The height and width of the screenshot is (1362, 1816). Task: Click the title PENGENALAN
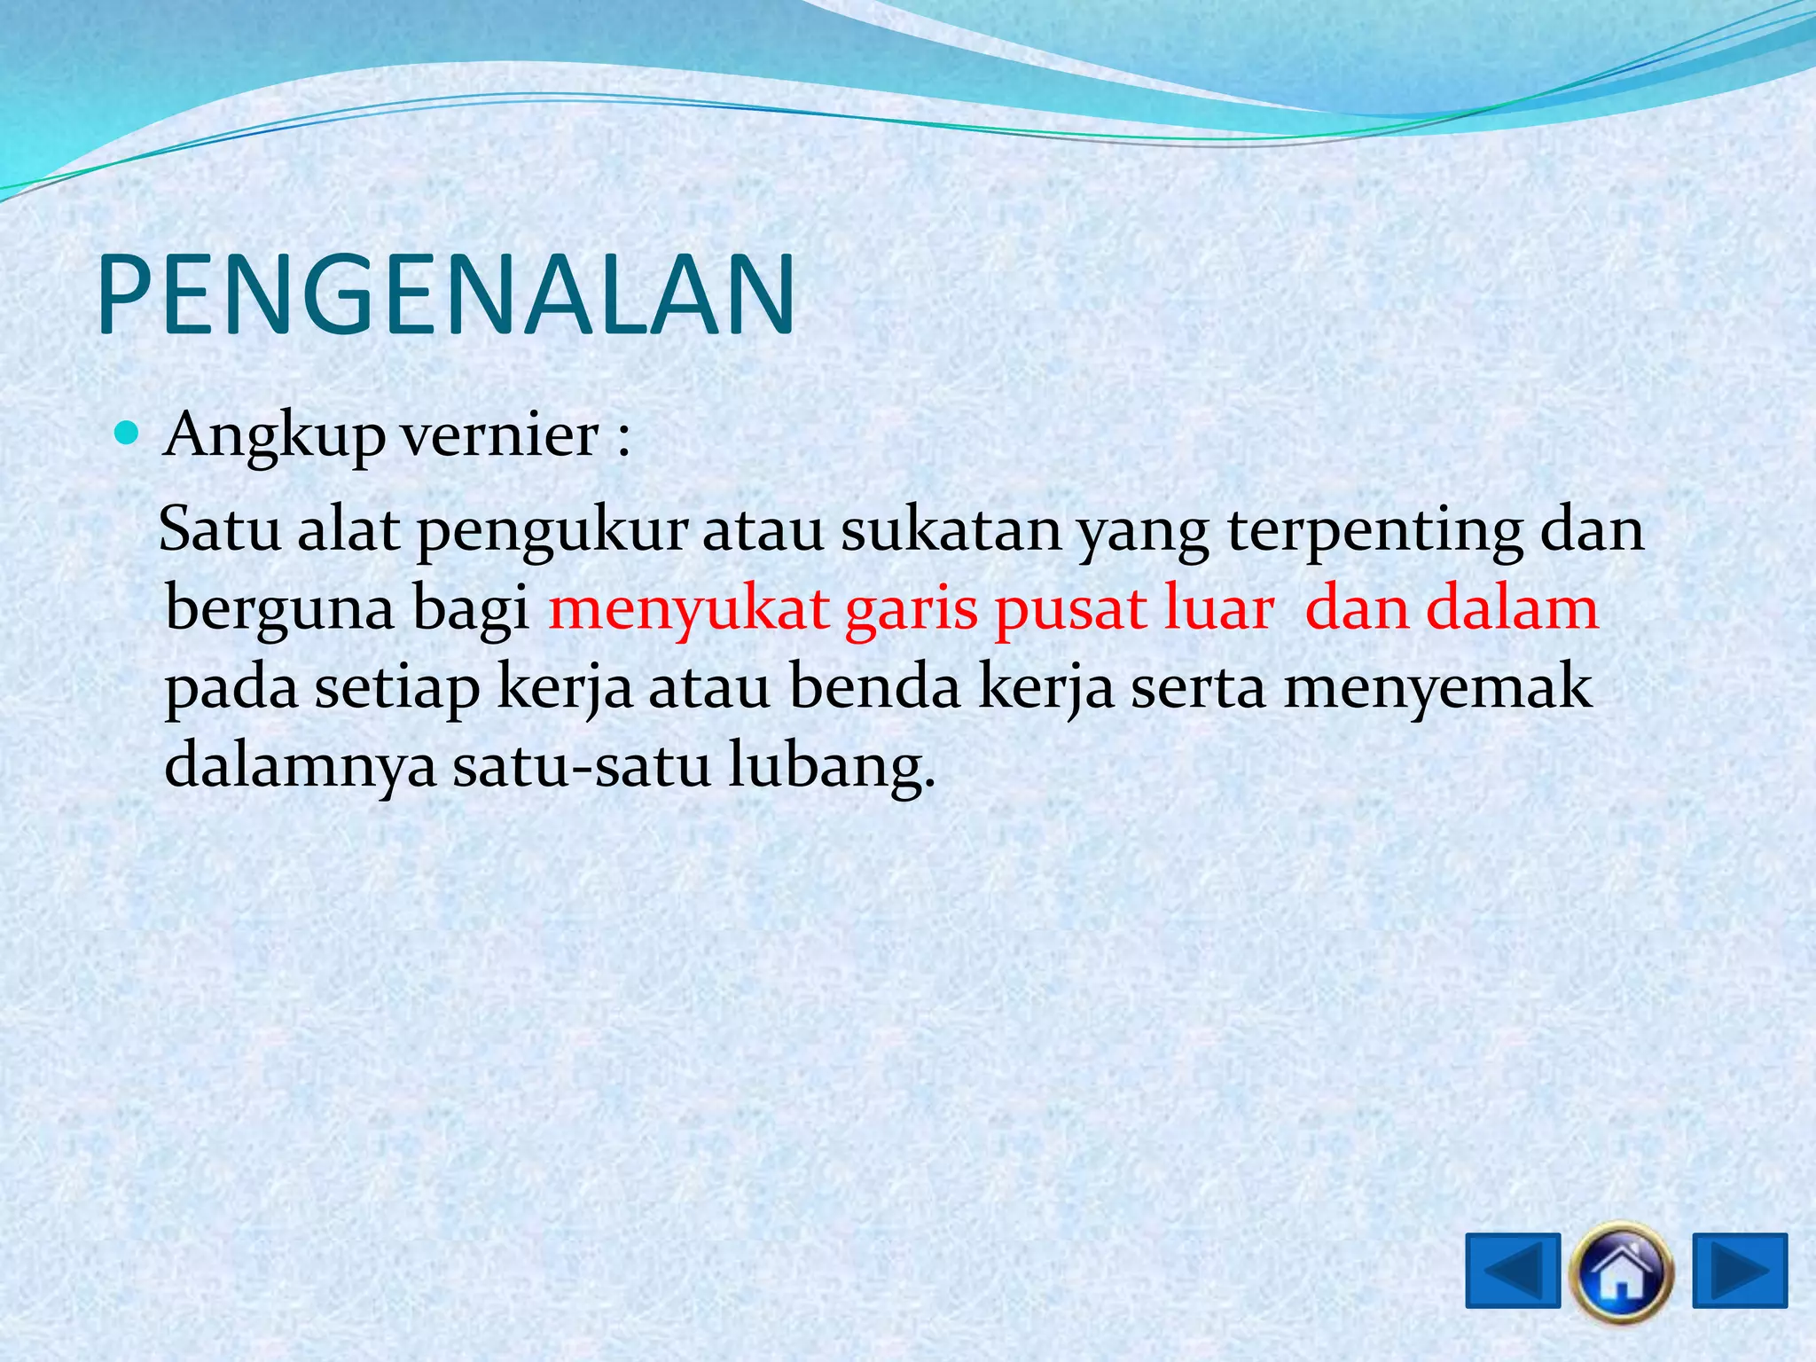(446, 294)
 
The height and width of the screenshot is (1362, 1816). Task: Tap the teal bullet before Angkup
(129, 434)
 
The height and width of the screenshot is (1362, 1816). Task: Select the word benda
(874, 688)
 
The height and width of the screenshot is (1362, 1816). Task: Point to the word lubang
(832, 768)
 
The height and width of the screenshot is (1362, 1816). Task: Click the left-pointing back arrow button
(1513, 1271)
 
